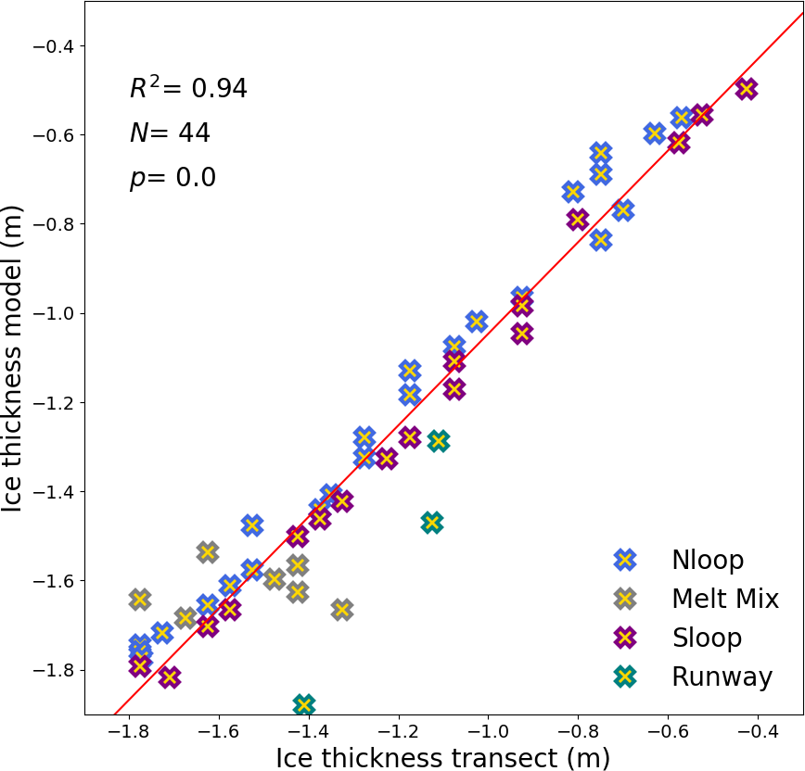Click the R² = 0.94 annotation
(x=188, y=88)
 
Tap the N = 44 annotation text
(x=170, y=133)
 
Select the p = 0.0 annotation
(x=172, y=177)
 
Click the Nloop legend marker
(x=625, y=559)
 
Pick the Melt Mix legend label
(x=725, y=599)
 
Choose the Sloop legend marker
(x=625, y=638)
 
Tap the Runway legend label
(x=722, y=676)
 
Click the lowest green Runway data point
(x=304, y=704)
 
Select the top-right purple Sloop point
(x=746, y=89)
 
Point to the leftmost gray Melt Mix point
(x=139, y=599)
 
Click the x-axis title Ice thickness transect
(x=442, y=757)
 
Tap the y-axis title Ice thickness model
(x=13, y=370)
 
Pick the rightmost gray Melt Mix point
(x=342, y=609)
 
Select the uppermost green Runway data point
(x=439, y=441)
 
